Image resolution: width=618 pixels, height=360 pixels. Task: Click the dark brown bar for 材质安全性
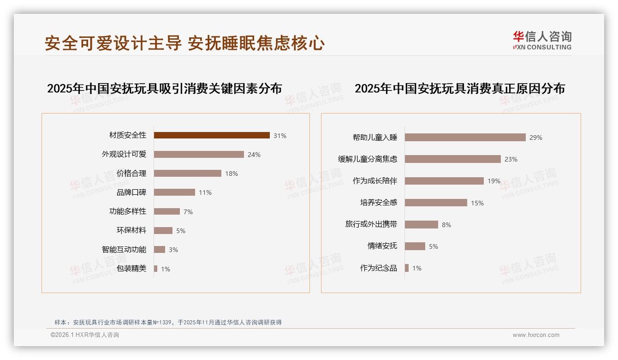coord(212,135)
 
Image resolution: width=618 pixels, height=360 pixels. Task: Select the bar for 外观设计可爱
coord(199,154)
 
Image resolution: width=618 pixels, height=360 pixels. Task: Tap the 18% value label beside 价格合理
coord(232,174)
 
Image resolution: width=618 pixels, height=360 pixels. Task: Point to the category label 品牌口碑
coord(131,192)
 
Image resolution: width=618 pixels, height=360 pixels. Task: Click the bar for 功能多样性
coord(167,211)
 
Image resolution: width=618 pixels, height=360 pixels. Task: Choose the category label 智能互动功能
coord(124,249)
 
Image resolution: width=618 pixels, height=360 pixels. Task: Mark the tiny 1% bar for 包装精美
coord(156,269)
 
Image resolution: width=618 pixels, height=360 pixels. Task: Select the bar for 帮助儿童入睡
coord(465,137)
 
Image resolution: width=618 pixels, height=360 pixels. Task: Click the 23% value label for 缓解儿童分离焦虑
coord(511,159)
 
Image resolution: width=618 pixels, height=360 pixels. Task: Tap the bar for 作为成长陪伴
coord(444,181)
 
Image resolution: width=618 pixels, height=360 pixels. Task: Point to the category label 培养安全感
coord(379,202)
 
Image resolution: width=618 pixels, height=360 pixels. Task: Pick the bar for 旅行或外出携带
coord(422,224)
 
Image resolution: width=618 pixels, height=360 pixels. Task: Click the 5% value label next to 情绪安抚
coord(434,246)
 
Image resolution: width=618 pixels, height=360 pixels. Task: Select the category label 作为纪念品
coord(379,268)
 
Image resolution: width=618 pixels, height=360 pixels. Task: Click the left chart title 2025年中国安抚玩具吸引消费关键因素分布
coord(164,88)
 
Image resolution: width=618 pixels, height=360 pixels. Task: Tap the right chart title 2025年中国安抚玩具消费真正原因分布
coord(459,88)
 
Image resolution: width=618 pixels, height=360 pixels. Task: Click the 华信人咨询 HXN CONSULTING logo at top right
coord(542,41)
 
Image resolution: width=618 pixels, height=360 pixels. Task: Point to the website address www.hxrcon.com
coord(536,335)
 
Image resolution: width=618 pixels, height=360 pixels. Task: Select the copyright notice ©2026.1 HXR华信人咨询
coord(85,335)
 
